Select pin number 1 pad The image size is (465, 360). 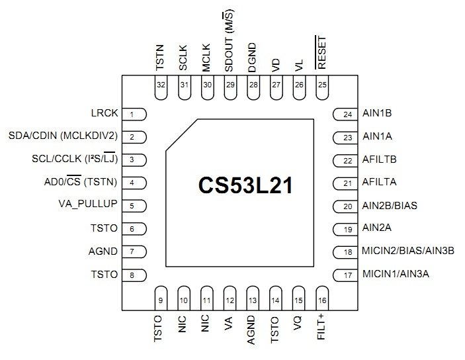pos(134,114)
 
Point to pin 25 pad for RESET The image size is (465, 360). pos(322,89)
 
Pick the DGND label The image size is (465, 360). pos(253,57)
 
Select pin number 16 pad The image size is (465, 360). pos(322,298)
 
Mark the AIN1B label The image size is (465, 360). pos(377,113)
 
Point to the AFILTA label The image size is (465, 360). pos(379,182)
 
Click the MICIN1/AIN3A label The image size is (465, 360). pos(396,273)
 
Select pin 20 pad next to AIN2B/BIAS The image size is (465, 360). pos(345,206)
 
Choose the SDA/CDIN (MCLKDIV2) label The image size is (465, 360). pos(63,136)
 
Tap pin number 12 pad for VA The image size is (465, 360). pos(230,298)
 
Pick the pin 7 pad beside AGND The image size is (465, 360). pos(134,251)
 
